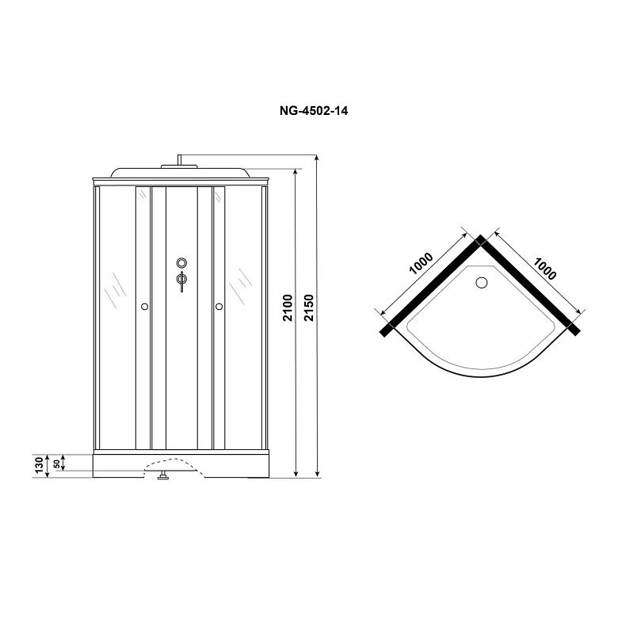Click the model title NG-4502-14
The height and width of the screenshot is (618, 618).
(314, 111)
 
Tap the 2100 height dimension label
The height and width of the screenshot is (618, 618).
(289, 307)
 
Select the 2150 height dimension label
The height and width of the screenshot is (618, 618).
(309, 307)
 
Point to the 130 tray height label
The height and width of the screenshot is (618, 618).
(39, 465)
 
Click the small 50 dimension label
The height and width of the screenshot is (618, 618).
(57, 463)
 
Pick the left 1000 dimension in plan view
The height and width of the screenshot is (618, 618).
(422, 263)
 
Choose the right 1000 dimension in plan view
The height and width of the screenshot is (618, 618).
(545, 268)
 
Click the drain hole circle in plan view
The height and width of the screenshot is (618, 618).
(482, 283)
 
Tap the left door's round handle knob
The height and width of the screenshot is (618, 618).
(144, 307)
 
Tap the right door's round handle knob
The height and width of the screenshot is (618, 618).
(219, 307)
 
